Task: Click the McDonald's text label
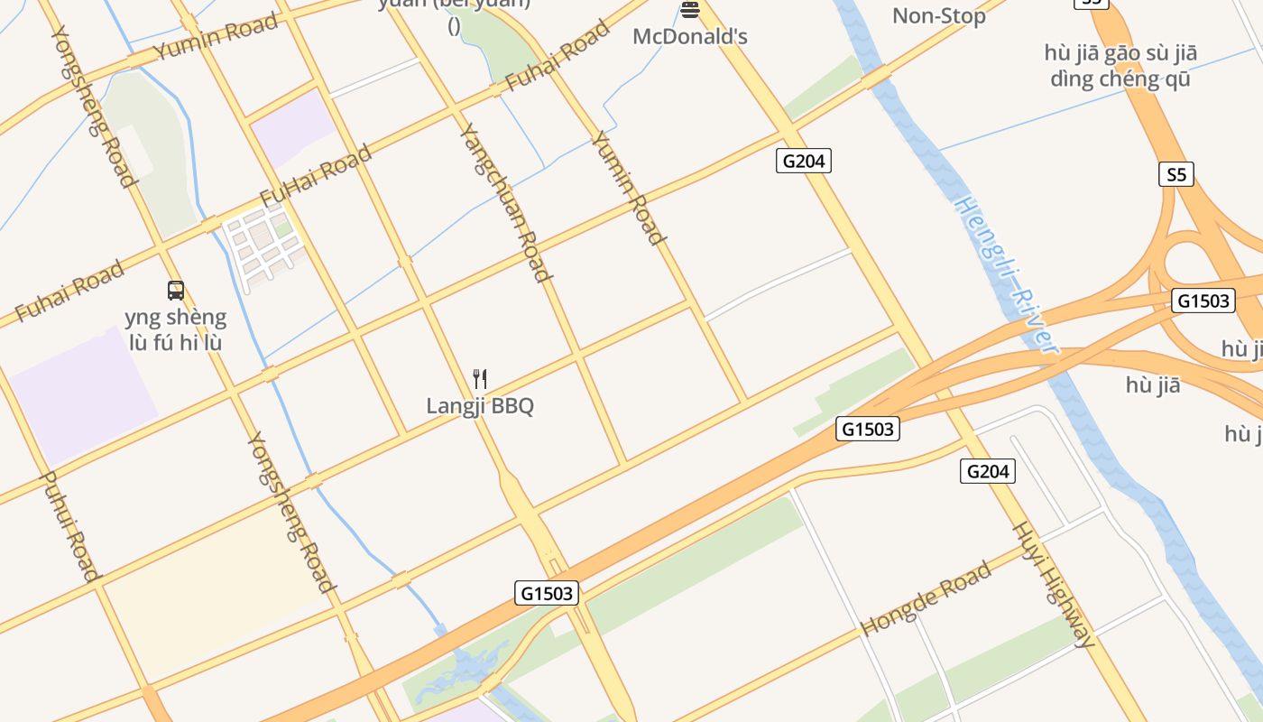(x=690, y=37)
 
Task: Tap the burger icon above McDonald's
(x=690, y=10)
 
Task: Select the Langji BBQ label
(x=480, y=405)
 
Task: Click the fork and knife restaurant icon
(x=480, y=378)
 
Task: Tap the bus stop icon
(x=176, y=291)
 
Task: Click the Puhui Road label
(x=69, y=526)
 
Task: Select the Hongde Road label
(x=926, y=597)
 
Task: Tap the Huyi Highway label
(x=1054, y=584)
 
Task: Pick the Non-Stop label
(x=938, y=15)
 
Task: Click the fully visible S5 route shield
(x=1175, y=174)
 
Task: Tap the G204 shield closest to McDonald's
(x=803, y=162)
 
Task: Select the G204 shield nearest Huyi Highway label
(x=988, y=470)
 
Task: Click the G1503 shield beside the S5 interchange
(x=1203, y=301)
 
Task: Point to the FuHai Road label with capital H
(x=315, y=175)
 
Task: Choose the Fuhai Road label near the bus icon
(x=69, y=291)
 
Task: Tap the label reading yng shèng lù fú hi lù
(x=176, y=330)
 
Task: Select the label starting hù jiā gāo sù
(x=1120, y=66)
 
